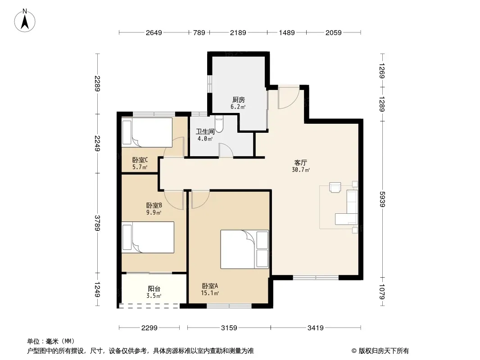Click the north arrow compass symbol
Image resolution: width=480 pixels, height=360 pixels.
point(25,21)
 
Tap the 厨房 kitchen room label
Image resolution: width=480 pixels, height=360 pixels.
point(239,99)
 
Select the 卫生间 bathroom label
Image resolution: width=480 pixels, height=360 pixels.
point(205,131)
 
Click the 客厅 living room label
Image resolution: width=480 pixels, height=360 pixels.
point(301,162)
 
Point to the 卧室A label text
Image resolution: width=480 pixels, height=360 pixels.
point(210,286)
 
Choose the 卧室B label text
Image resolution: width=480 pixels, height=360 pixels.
point(154,205)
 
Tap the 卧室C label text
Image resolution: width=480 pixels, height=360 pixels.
point(140,160)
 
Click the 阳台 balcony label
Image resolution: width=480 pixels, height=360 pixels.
point(154,288)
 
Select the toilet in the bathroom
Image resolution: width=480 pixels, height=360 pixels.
point(219,123)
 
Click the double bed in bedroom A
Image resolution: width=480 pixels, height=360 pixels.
point(245,249)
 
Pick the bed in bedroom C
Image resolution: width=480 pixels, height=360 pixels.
point(147,132)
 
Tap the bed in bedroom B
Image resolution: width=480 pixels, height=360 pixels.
point(148,237)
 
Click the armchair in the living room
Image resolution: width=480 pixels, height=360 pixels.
point(335,187)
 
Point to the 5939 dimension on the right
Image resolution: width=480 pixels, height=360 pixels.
point(382,199)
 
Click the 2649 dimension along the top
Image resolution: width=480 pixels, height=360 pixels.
point(154,32)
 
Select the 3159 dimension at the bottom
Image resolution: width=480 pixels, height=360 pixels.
point(229,328)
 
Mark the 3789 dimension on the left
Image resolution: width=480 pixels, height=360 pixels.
point(97,223)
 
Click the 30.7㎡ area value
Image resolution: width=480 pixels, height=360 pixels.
point(301,170)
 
